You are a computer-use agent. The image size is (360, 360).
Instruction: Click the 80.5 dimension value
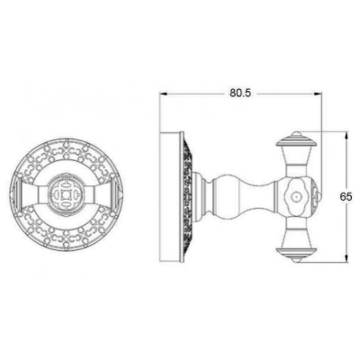[x=240, y=94]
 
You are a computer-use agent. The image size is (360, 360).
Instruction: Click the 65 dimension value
[x=346, y=197]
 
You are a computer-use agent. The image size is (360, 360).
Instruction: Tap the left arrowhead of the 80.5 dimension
[x=163, y=94]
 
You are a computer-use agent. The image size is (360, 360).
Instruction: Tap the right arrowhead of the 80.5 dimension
[x=319, y=94]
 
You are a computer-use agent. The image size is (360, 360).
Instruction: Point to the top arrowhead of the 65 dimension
[x=346, y=135]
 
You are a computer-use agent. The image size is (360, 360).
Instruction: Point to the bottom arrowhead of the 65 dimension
[x=346, y=259]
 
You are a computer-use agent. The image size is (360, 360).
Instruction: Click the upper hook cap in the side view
[x=295, y=140]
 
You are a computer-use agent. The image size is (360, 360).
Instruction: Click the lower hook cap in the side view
[x=295, y=254]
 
